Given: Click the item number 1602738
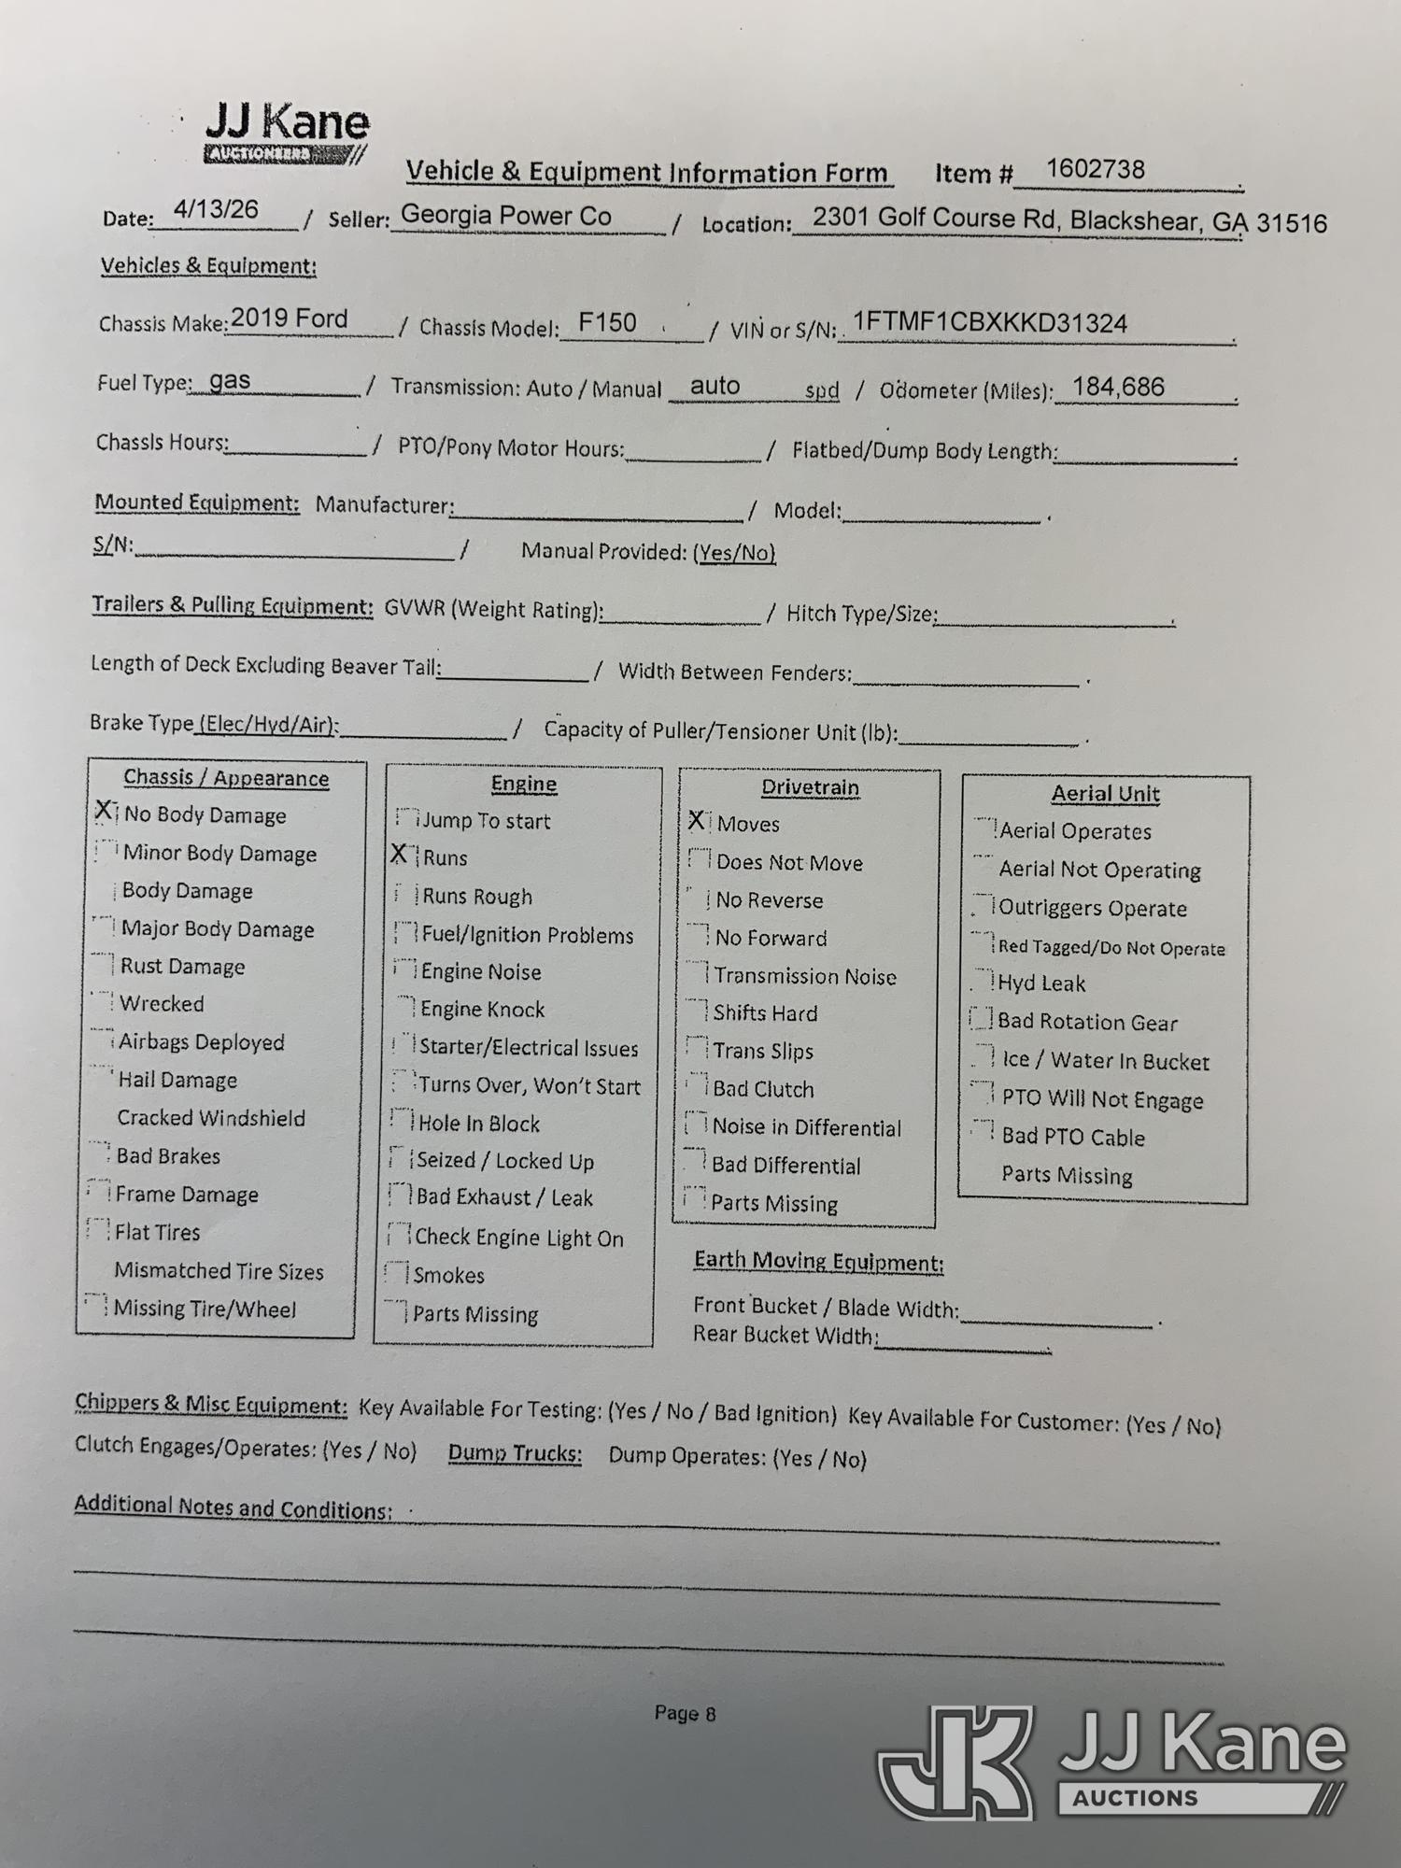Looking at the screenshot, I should pos(1095,169).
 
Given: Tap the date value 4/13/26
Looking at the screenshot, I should pos(216,209).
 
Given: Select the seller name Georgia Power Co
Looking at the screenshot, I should pos(505,216).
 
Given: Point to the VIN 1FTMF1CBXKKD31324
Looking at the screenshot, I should pos(990,323).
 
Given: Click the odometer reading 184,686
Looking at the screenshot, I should pos(1118,387).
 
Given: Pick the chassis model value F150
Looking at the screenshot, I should pos(607,323).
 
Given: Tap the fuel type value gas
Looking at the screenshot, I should pos(230,381).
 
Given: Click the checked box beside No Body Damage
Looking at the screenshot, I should pos(105,812).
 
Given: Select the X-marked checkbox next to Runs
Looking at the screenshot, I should pos(400,854).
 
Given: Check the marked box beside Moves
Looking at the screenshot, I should pos(697,820).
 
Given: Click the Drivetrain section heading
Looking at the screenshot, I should pos(810,787).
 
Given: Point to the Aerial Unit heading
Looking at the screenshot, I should pos(1105,794).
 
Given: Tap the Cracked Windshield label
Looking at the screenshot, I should pos(211,1118).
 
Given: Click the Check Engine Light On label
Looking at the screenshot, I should pos(518,1238).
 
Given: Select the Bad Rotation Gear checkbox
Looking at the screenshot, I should pos(981,1018).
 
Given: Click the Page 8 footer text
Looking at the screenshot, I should pos(685,1713).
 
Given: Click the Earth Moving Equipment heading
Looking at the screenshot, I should pos(818,1262).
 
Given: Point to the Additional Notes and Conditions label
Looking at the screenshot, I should pos(233,1507).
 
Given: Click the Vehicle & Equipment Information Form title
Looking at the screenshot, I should pos(647,173).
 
